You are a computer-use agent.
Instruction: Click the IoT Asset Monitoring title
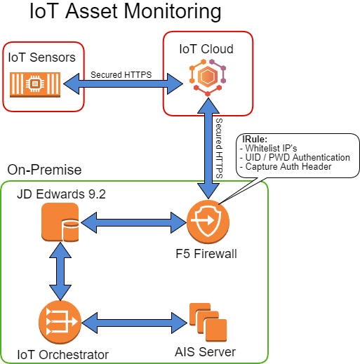coord(126,11)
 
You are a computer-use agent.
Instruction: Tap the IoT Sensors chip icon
coord(35,84)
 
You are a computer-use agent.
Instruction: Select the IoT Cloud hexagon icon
coord(208,78)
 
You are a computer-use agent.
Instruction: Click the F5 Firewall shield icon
coord(208,222)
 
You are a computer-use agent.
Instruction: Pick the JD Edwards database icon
coord(60,222)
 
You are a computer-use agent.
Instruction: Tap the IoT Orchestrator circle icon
coord(60,323)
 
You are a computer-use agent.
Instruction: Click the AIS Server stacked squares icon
coord(208,323)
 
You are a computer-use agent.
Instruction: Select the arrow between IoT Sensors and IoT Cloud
coord(124,84)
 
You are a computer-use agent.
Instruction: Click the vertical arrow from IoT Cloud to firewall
coord(208,149)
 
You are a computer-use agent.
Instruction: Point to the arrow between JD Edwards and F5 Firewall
coord(134,222)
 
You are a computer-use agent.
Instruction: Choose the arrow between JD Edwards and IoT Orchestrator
coord(60,271)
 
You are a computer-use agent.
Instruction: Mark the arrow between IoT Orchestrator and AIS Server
coord(135,323)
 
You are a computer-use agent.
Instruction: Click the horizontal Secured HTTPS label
coord(121,75)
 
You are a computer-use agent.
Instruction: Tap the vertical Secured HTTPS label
coord(219,149)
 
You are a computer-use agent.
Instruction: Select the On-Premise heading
coord(44,170)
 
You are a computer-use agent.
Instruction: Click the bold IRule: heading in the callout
coord(255,139)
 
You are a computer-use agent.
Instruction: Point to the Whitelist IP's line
coord(269,148)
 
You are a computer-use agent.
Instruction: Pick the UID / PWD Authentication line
coord(295,157)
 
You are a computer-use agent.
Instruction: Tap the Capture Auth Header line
coord(286,166)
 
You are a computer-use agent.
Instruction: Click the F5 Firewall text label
coord(206,254)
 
